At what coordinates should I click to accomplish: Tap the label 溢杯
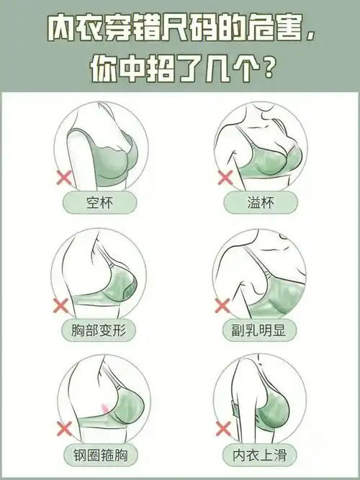pyautogui.click(x=259, y=202)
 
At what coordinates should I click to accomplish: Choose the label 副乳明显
pyautogui.click(x=259, y=331)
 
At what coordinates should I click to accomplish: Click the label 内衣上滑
pyautogui.click(x=259, y=455)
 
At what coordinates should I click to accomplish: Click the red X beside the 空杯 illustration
pyautogui.click(x=63, y=176)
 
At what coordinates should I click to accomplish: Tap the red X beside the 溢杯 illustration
pyautogui.click(x=225, y=176)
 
